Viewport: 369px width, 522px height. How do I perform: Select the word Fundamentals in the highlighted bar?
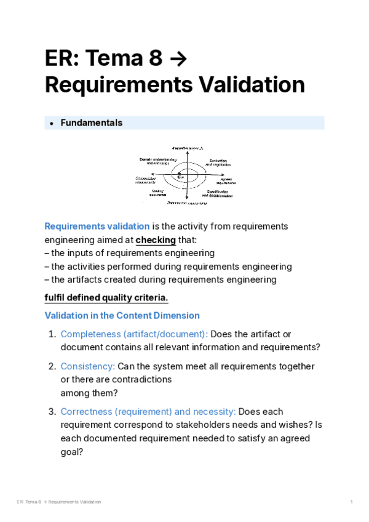(x=91, y=122)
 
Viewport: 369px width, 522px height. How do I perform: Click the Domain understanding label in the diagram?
(x=157, y=162)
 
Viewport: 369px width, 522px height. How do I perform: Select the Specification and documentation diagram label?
(x=218, y=193)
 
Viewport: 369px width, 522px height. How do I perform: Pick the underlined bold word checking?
(x=156, y=239)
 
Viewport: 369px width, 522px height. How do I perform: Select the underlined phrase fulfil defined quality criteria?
(x=106, y=298)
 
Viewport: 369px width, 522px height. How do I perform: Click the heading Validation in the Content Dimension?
(x=122, y=315)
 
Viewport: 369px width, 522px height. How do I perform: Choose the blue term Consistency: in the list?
(x=87, y=366)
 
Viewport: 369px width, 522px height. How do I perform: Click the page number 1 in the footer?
(x=351, y=502)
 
